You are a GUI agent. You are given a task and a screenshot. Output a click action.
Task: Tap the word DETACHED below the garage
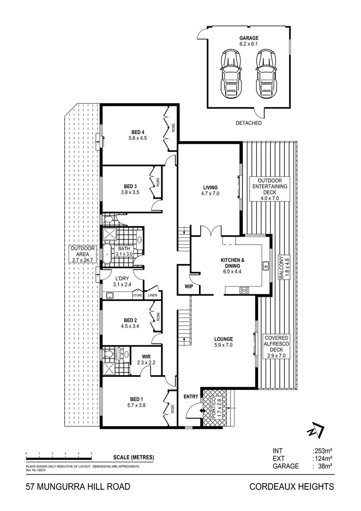click(x=249, y=123)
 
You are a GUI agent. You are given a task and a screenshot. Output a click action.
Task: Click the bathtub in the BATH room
click(x=108, y=254)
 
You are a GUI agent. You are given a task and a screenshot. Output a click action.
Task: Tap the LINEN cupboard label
click(x=152, y=296)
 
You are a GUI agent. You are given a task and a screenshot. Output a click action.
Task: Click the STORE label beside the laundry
click(x=138, y=296)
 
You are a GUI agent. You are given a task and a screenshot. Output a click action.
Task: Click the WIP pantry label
click(x=188, y=287)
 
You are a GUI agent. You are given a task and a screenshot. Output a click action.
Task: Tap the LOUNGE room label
click(x=223, y=339)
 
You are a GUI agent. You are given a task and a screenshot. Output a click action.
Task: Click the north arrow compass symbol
click(x=315, y=431)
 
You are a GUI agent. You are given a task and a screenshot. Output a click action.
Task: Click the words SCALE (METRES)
click(x=134, y=457)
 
